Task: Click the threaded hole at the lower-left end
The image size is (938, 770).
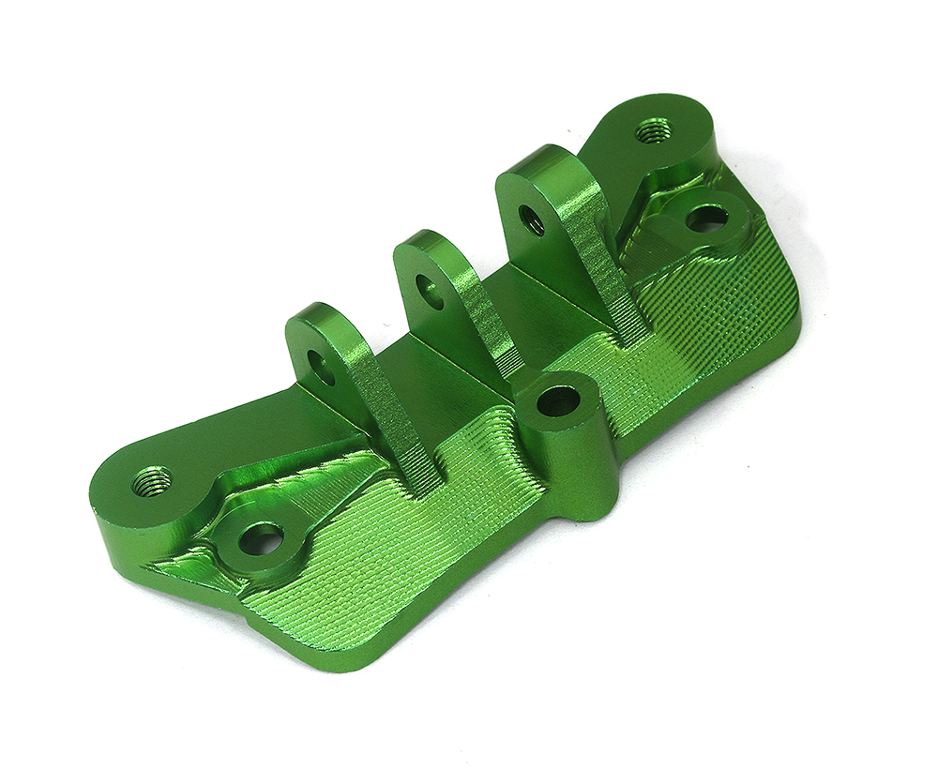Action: click(x=151, y=482)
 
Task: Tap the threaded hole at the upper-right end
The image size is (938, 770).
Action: click(x=652, y=130)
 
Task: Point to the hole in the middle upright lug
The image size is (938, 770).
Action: click(x=430, y=292)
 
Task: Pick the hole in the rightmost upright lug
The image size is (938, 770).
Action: click(x=531, y=219)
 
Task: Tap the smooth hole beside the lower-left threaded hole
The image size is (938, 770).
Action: click(x=261, y=538)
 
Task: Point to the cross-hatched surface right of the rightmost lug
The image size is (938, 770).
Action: click(x=722, y=310)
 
